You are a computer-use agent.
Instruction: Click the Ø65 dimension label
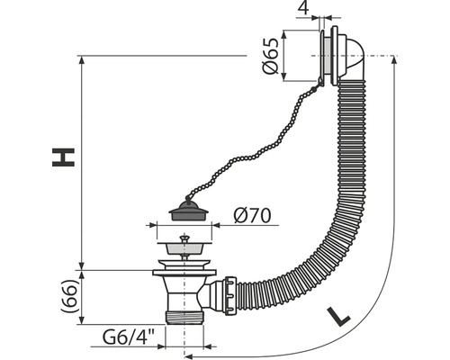[x=271, y=57]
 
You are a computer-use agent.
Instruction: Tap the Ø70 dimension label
[x=252, y=215]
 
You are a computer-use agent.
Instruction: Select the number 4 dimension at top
[x=303, y=8]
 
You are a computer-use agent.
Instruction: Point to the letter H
[x=63, y=157]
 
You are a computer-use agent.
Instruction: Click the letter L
[x=338, y=316]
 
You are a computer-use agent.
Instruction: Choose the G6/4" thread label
[x=129, y=337]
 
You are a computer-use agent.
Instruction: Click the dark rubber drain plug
[x=188, y=211]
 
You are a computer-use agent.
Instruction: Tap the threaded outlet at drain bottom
[x=184, y=318]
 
